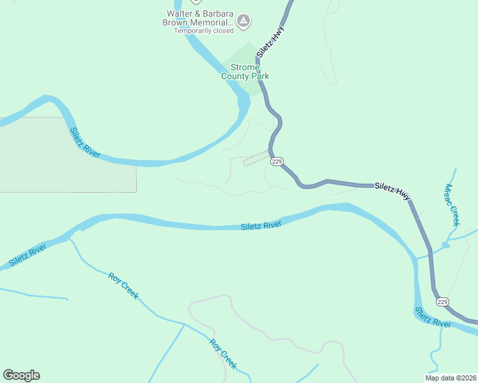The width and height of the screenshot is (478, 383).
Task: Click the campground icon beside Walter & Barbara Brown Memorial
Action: coord(243,22)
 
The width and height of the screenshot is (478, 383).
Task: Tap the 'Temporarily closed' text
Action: coord(204,31)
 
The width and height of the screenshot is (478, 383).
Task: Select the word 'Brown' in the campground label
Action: coord(174,22)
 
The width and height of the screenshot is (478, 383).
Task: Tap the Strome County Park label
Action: coord(245,72)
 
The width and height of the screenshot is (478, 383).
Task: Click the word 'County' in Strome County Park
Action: coord(235,77)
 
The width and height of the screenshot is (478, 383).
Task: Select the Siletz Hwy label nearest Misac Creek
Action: coord(392,190)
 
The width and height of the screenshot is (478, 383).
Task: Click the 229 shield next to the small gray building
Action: coord(276,161)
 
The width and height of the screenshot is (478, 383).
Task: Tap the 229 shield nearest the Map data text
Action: coord(443,301)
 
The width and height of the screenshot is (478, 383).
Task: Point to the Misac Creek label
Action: coord(452,206)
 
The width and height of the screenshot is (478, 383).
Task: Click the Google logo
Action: coord(21,375)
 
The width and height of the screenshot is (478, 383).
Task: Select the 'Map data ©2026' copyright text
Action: coord(450,377)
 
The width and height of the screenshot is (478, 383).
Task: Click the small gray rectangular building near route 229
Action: coord(256,158)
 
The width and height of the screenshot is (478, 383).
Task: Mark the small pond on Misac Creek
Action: coord(445,244)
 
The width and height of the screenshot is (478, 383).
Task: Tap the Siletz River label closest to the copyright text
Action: coord(433,317)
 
